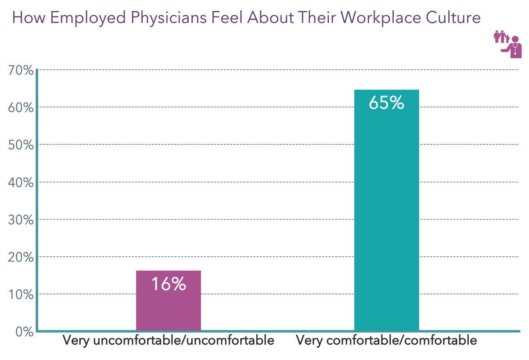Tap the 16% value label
tap(169, 284)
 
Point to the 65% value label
tap(386, 103)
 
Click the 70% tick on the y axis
tap(21, 71)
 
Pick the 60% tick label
tap(21, 108)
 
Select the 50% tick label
tap(21, 145)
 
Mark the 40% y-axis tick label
tap(21, 182)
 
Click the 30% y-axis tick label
tap(21, 220)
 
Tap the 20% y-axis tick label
tap(21, 257)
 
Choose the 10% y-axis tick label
tap(21, 295)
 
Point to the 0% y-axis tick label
tap(24, 332)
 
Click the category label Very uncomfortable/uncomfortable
tap(168, 341)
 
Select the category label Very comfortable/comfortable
tap(386, 341)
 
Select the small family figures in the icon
tap(501, 37)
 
